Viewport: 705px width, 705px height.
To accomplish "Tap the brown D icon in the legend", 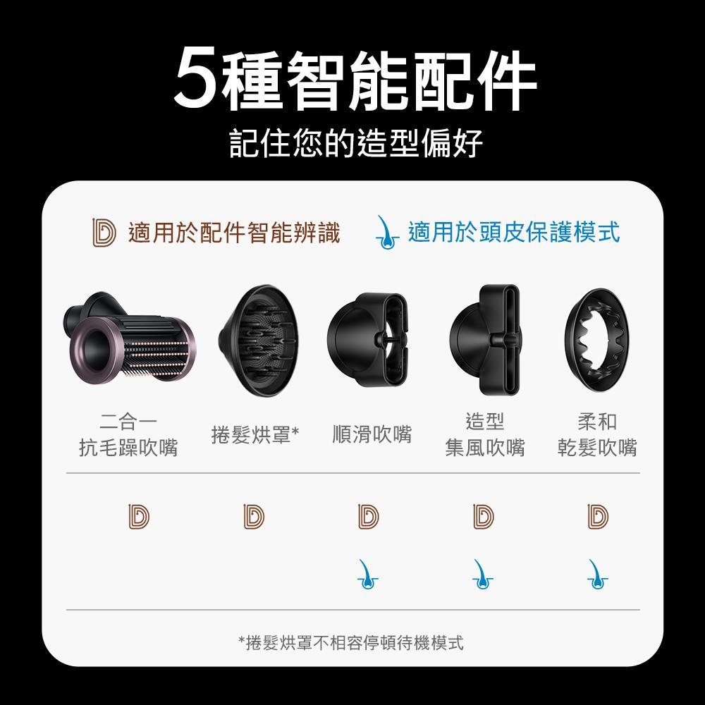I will (104, 233).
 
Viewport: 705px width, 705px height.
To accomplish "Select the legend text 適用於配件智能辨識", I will (233, 232).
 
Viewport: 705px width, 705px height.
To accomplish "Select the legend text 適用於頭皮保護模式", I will (513, 232).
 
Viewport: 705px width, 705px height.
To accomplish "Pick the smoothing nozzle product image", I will (369, 340).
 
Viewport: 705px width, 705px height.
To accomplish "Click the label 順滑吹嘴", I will (372, 434).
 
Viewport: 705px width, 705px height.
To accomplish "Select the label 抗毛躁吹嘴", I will (128, 448).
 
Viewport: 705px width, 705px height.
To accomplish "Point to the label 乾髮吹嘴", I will (597, 448).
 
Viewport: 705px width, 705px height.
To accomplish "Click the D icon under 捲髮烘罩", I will (254, 516).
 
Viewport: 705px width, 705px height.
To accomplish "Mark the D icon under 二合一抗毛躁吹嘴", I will (138, 516).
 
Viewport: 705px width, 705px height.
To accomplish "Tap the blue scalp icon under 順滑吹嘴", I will (367, 575).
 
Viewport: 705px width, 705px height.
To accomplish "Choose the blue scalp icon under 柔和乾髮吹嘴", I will (597, 575).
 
